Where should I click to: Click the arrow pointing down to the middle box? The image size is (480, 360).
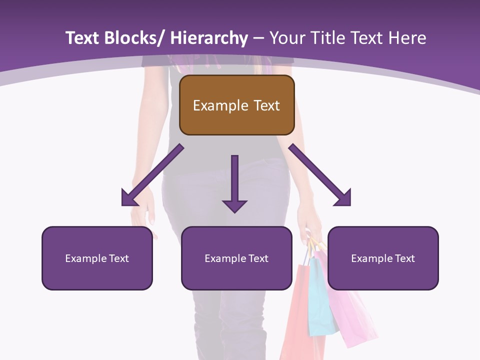coord(234,185)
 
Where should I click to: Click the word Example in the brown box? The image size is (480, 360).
coord(218,105)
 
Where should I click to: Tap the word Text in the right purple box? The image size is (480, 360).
coord(404,258)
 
